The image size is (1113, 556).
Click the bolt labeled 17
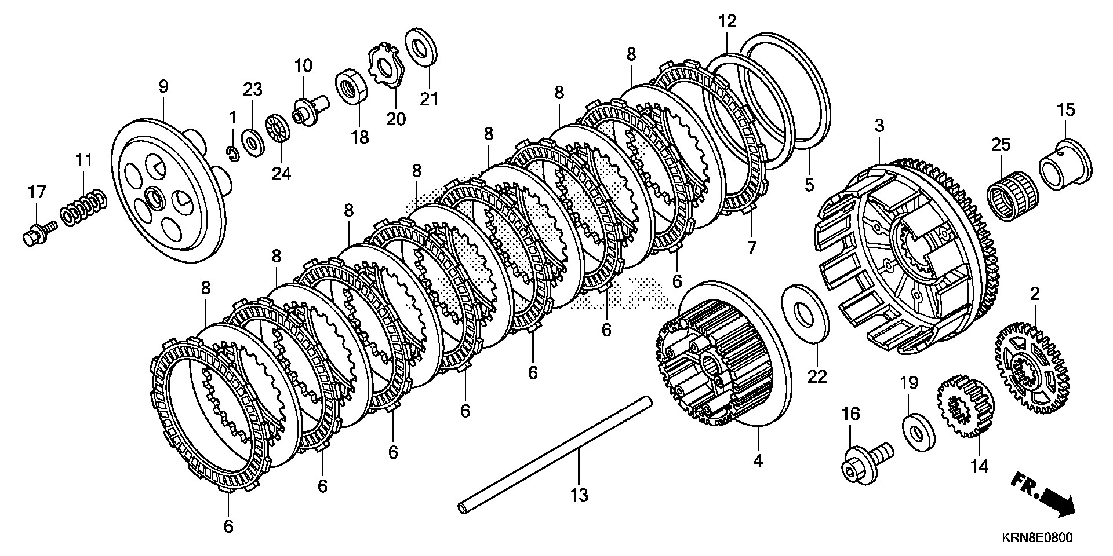[x=38, y=233]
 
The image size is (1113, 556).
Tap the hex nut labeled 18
[x=351, y=86]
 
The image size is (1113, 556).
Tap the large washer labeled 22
[x=806, y=313]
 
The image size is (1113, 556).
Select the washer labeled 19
[x=918, y=431]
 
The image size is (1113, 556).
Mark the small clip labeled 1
[x=232, y=154]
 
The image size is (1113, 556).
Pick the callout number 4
[x=758, y=461]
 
